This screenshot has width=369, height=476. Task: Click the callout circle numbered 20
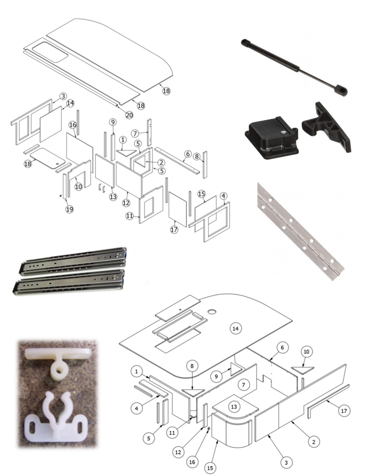129,115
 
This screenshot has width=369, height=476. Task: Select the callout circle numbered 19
70,209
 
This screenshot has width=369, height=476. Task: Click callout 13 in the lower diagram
234,407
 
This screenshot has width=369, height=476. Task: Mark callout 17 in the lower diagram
344,411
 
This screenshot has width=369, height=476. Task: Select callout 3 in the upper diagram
63,96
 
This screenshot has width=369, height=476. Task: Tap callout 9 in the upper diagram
113,122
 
